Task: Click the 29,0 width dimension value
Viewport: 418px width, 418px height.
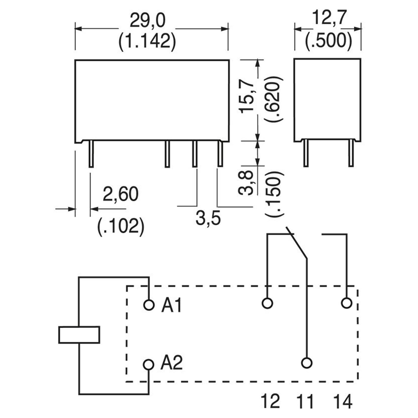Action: coord(148,21)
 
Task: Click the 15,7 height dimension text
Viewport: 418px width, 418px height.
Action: coord(247,95)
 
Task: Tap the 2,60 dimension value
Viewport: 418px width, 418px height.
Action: coord(120,194)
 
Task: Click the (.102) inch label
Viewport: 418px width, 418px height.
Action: coord(121,226)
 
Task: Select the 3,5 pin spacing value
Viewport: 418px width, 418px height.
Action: coord(208,218)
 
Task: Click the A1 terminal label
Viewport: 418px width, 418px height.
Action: coord(171,305)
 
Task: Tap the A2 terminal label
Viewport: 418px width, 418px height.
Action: coord(171,363)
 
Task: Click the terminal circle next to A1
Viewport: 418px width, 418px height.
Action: coord(149,305)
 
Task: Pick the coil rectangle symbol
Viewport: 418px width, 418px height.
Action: coord(79,335)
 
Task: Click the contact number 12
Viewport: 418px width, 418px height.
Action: coord(270,401)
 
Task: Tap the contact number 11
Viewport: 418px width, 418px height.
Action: coord(305,401)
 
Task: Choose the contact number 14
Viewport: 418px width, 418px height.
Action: coord(343,401)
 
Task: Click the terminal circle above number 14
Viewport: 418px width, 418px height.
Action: coord(346,303)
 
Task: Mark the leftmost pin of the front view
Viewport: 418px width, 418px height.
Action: coord(91,154)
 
